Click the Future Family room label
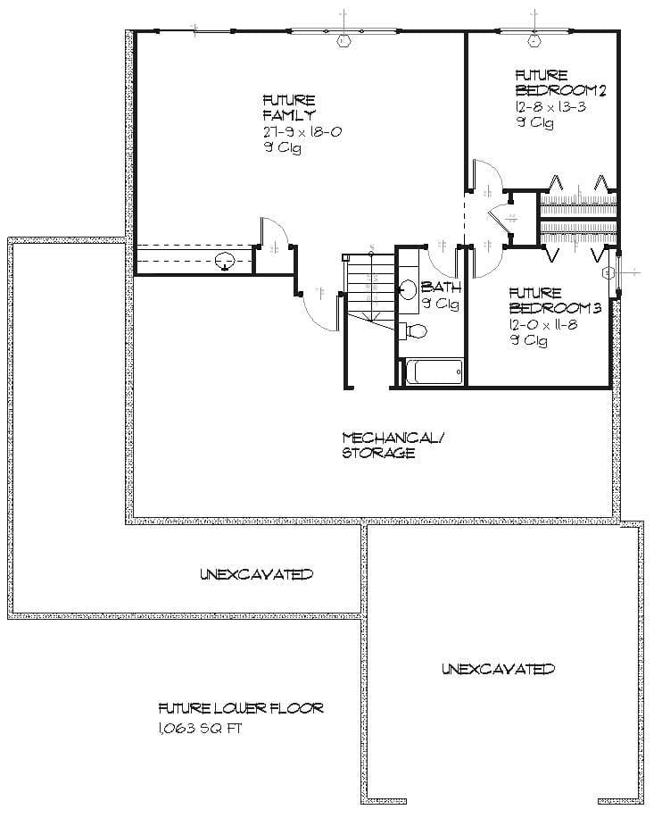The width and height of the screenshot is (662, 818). point(288,108)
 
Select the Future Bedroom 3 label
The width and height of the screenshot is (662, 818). point(555,300)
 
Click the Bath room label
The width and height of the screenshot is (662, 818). point(440,288)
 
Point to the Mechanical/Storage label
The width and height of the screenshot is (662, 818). point(392,445)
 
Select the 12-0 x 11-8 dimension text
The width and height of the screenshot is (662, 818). point(543,324)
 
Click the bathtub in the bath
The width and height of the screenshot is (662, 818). point(434,371)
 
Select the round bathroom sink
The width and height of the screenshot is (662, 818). point(408,290)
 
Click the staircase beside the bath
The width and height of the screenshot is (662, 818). point(367,286)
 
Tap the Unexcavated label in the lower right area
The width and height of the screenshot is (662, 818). point(498,668)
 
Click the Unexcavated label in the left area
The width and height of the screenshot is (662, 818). point(256,573)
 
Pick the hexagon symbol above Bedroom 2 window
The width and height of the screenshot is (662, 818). point(534,39)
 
